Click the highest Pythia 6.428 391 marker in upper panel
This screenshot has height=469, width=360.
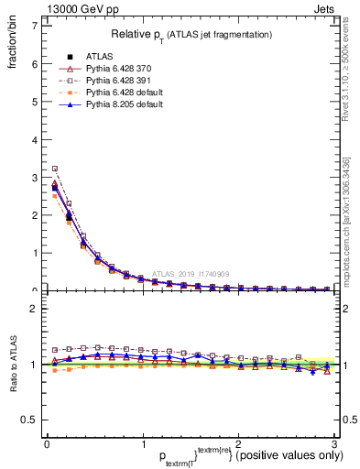click(x=55, y=169)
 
